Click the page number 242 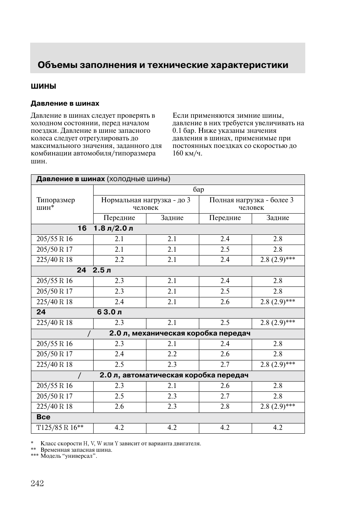[x=37, y=483]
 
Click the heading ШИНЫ [x=43, y=86]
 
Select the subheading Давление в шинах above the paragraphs [x=65, y=103]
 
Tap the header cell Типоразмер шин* [x=55, y=204]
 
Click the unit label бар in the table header [x=198, y=190]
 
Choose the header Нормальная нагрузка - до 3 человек [x=146, y=204]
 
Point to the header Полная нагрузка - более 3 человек [x=251, y=204]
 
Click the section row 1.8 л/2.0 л [x=113, y=228]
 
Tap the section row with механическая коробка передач [x=180, y=333]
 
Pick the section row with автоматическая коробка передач [x=174, y=375]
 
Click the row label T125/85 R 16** [x=60, y=428]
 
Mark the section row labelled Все [x=43, y=417]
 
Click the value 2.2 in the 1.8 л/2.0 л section [x=119, y=260]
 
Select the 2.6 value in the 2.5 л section [x=225, y=302]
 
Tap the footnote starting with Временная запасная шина [x=76, y=450]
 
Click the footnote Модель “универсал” [x=69, y=456]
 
